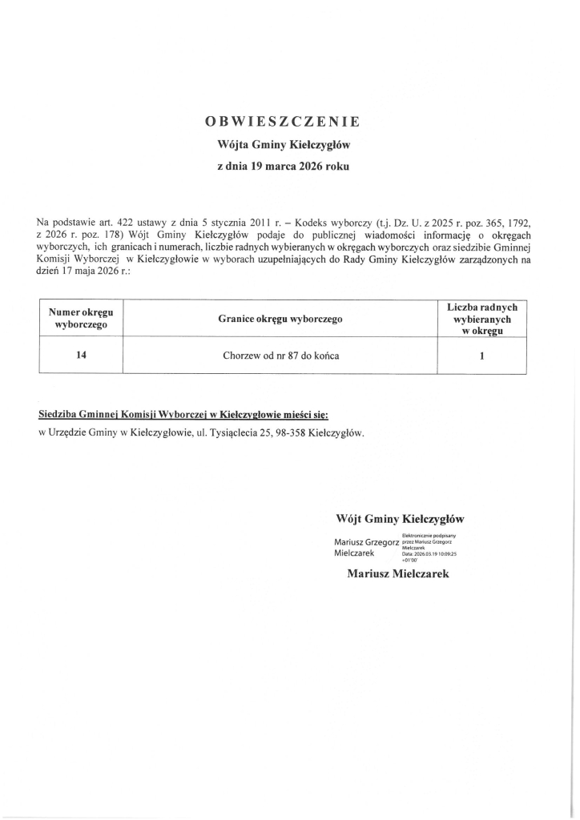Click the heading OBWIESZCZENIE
pyautogui.click(x=284, y=122)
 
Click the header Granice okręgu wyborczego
pyautogui.click(x=280, y=319)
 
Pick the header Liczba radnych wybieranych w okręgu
pyautogui.click(x=481, y=319)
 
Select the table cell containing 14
pyautogui.click(x=81, y=356)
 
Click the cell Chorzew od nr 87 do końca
pyautogui.click(x=280, y=356)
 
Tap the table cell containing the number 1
pyautogui.click(x=481, y=356)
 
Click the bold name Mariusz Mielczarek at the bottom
pyautogui.click(x=398, y=573)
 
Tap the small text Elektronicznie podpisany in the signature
pyautogui.click(x=429, y=535)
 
